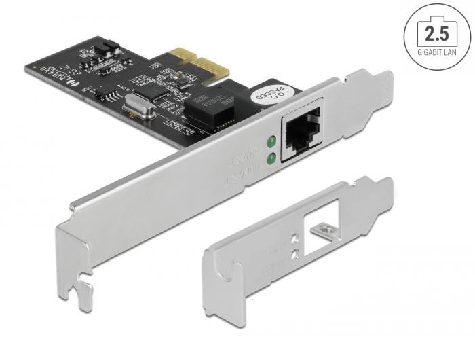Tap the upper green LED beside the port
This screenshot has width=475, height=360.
271,142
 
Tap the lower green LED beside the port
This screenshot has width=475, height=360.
271,160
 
